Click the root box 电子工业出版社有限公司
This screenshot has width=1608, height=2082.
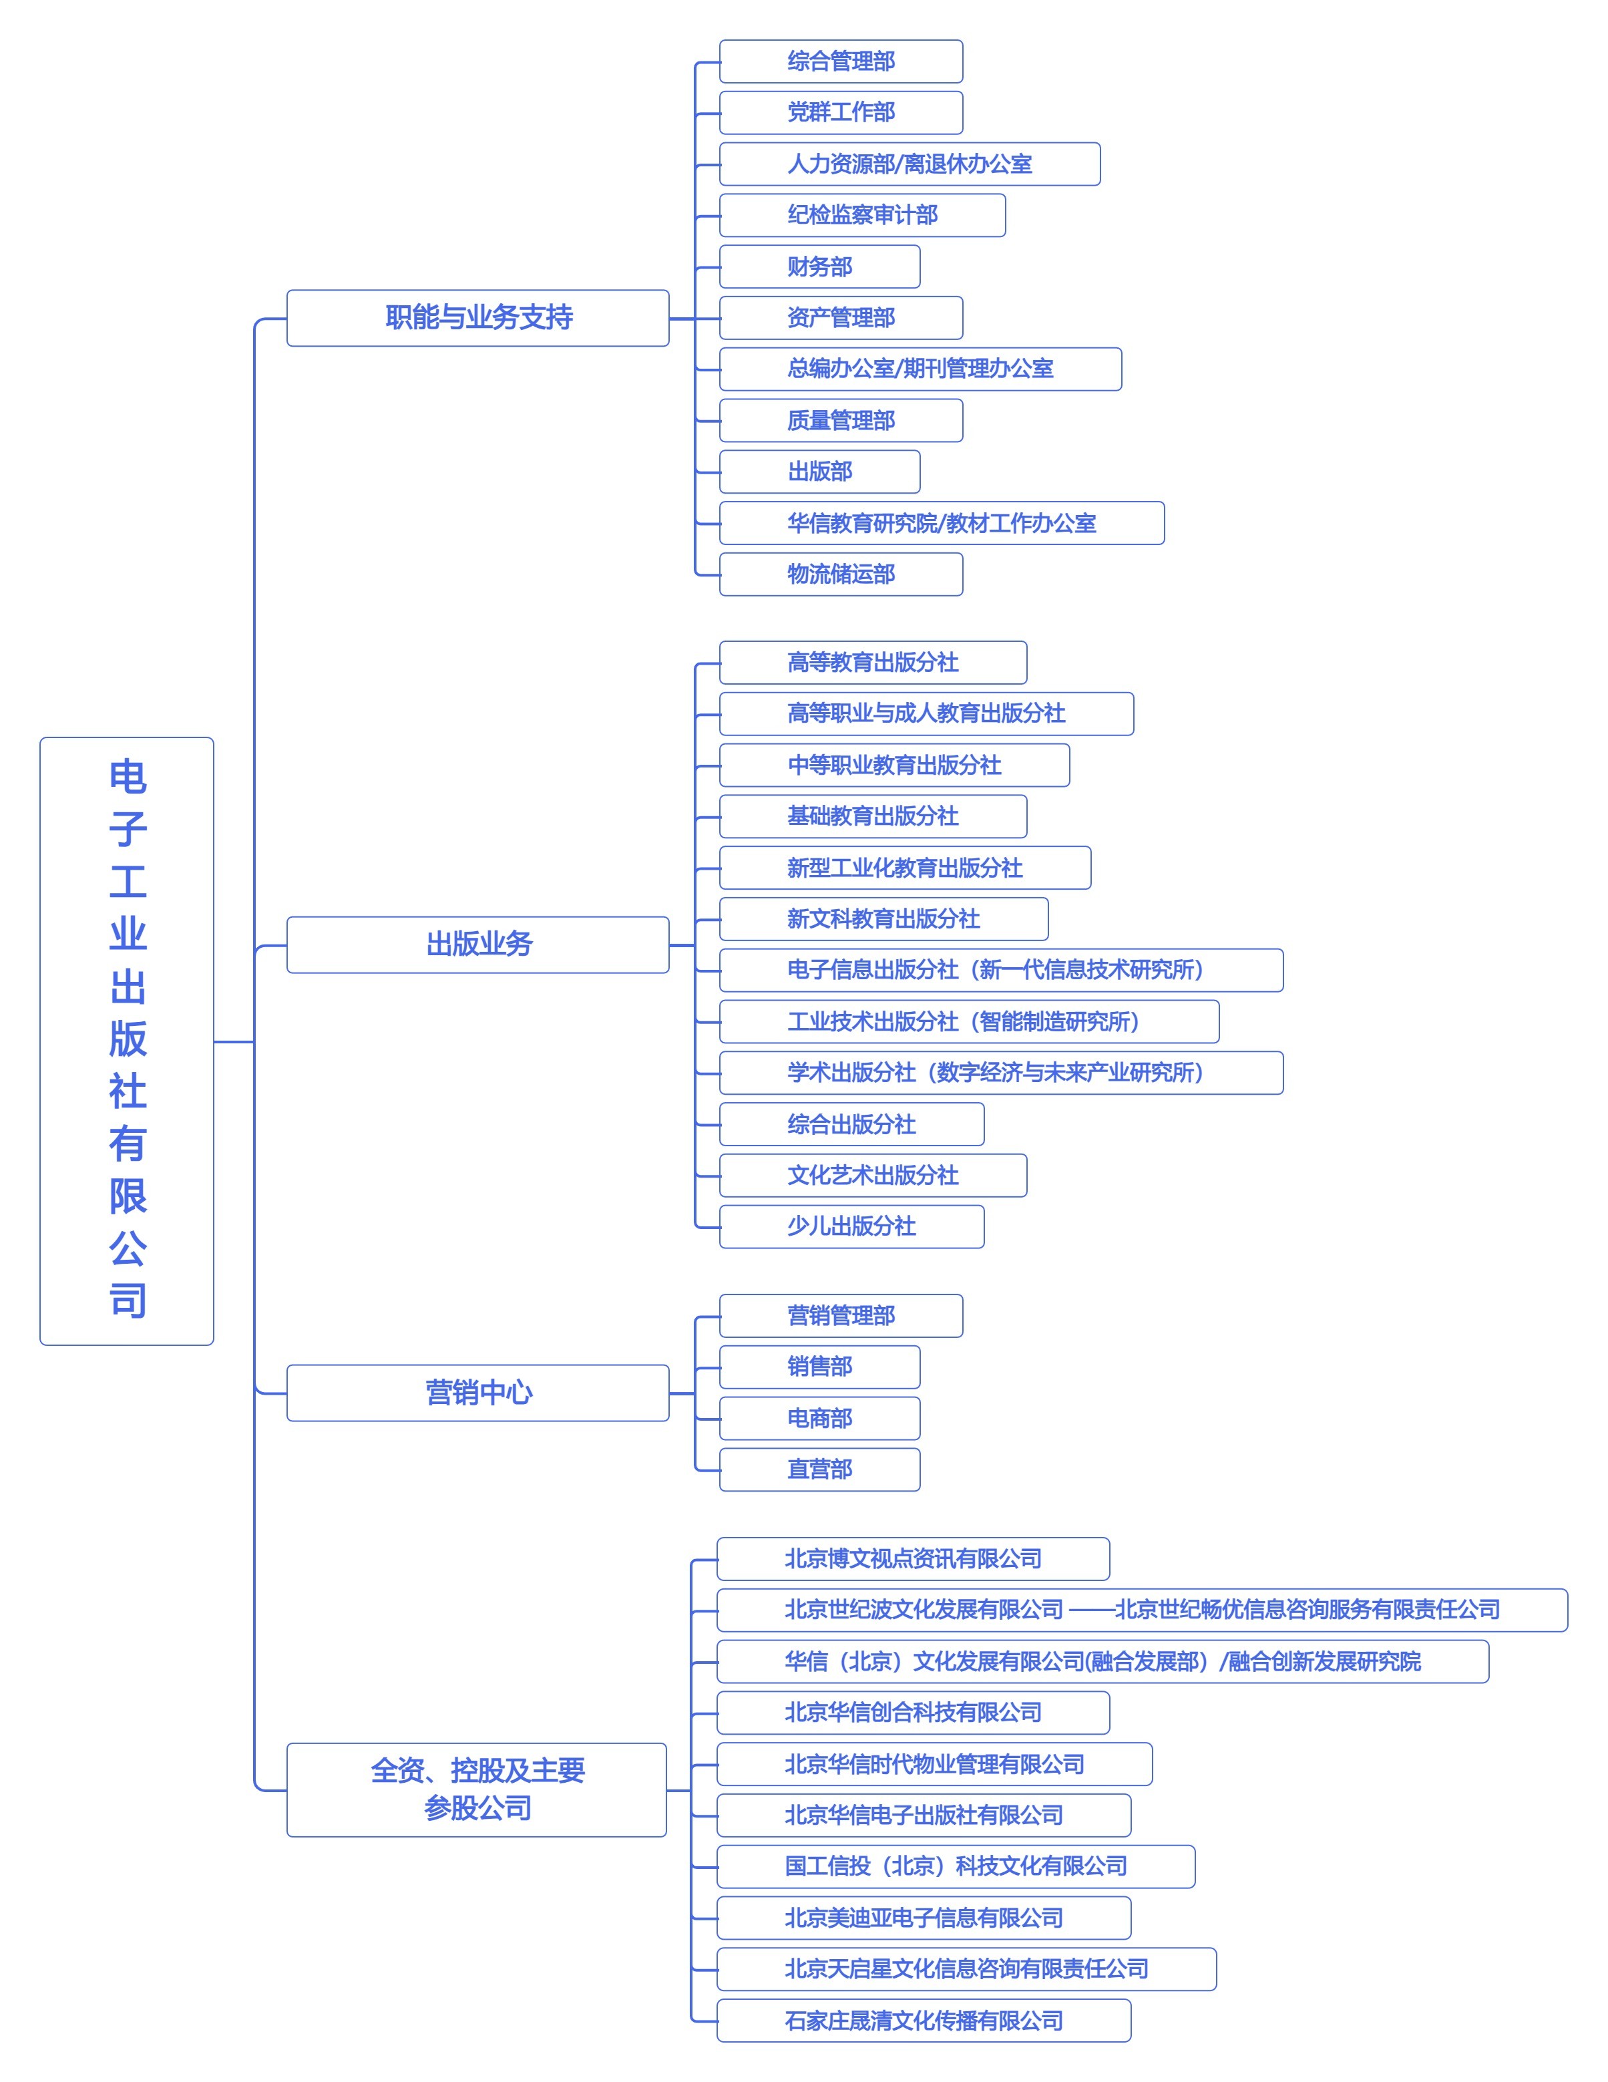127,1041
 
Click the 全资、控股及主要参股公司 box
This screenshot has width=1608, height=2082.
477,1789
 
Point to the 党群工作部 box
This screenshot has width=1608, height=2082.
841,112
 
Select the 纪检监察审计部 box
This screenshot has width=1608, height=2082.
861,216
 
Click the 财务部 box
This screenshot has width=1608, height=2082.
820,267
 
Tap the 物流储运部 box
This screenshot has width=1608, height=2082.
841,575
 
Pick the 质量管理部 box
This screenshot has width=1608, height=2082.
841,420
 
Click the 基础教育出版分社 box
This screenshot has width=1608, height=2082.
873,816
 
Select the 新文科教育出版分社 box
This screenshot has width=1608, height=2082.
883,919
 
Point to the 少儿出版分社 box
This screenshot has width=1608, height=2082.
851,1227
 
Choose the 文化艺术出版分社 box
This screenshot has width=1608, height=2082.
873,1176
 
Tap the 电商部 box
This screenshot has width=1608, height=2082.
820,1419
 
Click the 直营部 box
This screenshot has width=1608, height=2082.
820,1470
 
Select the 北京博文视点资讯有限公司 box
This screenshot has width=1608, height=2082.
913,1558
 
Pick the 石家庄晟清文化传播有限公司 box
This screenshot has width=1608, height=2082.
924,2021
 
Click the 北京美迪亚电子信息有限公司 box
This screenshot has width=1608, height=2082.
924,1918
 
